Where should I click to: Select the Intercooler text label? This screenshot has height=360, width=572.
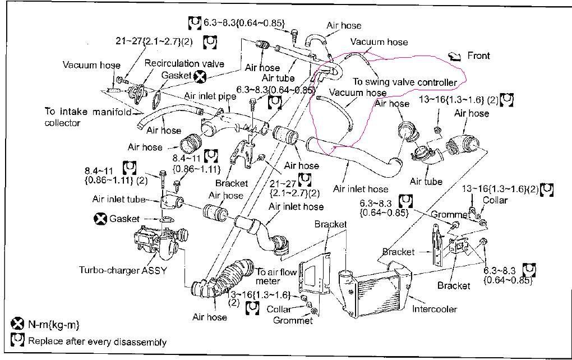434,308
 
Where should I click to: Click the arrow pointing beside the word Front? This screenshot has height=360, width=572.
455,56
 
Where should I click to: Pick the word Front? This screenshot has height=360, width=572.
478,56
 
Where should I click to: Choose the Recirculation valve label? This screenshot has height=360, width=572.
184,63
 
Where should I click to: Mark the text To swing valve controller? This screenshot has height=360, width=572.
405,82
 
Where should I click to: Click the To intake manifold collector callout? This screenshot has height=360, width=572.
87,117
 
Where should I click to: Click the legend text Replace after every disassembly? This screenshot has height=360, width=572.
97,341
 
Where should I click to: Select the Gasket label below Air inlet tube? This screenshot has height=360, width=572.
124,219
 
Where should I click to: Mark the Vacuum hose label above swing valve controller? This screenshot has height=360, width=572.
379,42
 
